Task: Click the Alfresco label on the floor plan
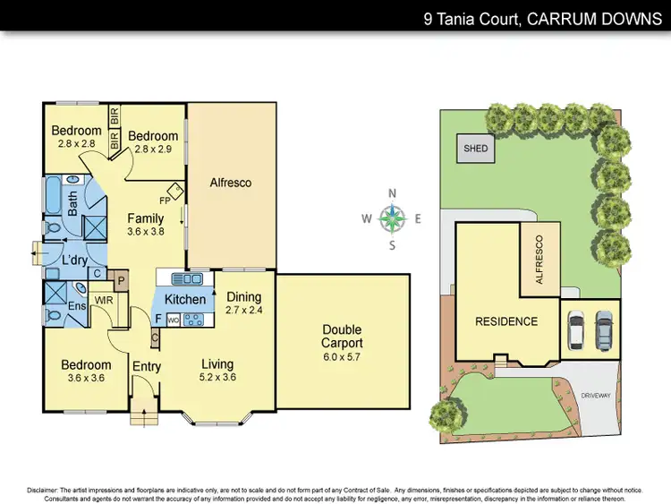coord(231,183)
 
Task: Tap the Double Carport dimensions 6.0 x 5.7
coord(342,357)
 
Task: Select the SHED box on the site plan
coord(476,149)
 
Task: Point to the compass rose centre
coord(392,217)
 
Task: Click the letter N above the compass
coord(392,193)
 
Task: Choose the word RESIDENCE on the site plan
coord(506,321)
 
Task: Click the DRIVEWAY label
coord(595,394)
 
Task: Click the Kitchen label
coord(185,299)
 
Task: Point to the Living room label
coord(217,363)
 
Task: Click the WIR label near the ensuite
coord(104,301)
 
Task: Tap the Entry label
coord(146,366)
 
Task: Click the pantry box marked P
coord(122,280)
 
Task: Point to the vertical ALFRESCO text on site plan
coord(539,261)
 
